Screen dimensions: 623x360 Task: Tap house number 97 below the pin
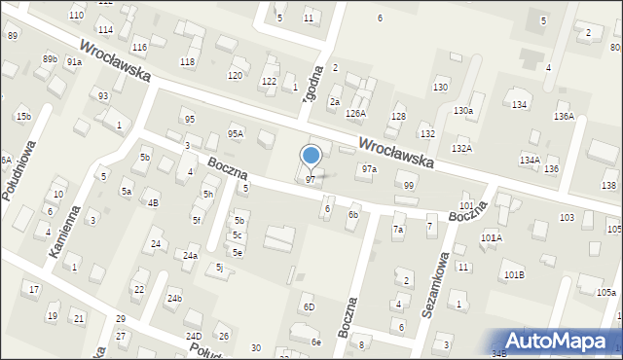(x=310, y=179)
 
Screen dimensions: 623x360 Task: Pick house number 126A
(x=356, y=114)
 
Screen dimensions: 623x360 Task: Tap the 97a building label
(x=369, y=169)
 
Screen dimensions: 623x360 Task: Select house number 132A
(x=461, y=148)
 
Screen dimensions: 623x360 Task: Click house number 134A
(x=530, y=160)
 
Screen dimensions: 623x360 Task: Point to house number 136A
(x=564, y=117)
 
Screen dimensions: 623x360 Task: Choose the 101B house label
(x=514, y=275)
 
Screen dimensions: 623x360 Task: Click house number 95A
(x=236, y=133)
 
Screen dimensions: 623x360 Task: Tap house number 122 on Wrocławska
(x=269, y=81)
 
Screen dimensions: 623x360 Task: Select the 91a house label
(x=74, y=61)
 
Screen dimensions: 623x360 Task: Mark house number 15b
(x=22, y=117)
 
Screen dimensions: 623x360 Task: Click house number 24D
(x=194, y=337)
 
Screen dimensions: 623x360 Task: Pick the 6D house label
(x=309, y=307)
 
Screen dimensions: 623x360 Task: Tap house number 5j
(x=220, y=268)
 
